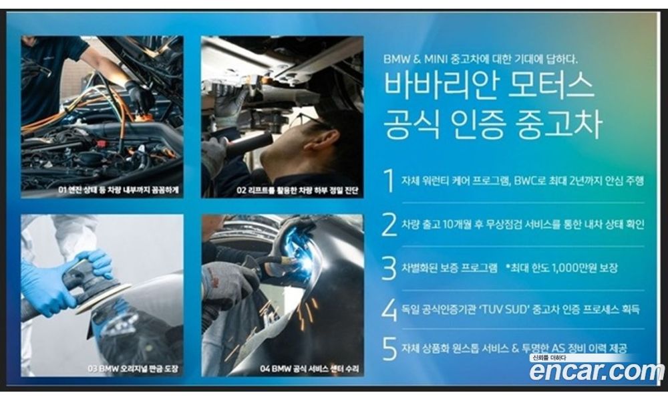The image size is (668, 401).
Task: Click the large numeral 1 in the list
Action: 389,180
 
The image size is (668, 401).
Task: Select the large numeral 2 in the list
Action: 389,225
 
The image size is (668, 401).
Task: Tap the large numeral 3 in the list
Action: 389,268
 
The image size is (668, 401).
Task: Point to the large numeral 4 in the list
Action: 389,310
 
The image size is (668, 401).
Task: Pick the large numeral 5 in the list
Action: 389,349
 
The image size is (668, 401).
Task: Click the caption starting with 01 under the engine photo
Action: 118,190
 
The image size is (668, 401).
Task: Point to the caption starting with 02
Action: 297,190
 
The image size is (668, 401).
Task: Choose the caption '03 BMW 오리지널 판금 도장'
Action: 132,369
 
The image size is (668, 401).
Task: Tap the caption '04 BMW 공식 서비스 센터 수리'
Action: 309,369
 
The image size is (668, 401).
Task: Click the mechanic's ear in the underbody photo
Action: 322,140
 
